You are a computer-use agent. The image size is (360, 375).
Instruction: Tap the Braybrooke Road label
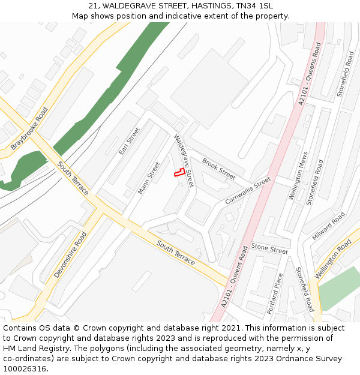(x=29, y=128)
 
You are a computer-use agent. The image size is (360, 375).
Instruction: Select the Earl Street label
(x=129, y=141)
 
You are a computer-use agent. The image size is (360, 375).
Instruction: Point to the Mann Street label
(x=149, y=178)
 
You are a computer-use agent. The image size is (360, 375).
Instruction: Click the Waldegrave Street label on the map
(x=184, y=160)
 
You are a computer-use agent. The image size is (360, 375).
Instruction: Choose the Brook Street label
(x=218, y=169)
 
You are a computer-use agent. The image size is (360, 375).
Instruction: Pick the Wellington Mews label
(x=298, y=176)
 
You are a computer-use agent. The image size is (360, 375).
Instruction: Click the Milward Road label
(x=328, y=226)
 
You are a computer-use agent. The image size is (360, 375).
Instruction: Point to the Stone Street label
(x=269, y=248)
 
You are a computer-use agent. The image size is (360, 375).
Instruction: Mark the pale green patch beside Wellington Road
(x=339, y=288)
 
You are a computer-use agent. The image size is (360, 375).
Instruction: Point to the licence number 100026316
(x=25, y=368)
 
